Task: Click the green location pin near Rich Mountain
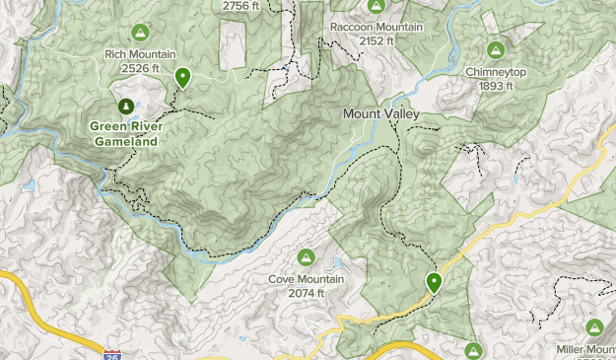tap(182, 77)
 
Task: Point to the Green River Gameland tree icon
tap(125, 106)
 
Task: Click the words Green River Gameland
tap(125, 133)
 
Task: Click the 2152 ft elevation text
tap(376, 40)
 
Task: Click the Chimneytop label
tap(496, 72)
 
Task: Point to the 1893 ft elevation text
tap(496, 86)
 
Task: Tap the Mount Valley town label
tap(380, 114)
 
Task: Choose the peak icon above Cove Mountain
tap(307, 257)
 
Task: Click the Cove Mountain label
tap(307, 279)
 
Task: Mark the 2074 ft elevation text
tap(307, 293)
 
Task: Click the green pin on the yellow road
tap(434, 283)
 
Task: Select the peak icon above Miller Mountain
tap(593, 327)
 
